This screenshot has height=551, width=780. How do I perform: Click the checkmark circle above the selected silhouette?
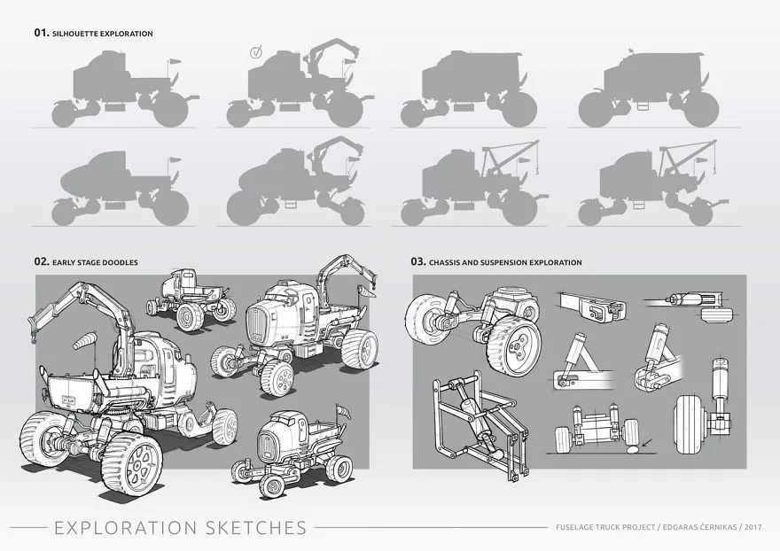click(255, 52)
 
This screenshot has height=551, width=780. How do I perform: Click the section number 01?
click(42, 33)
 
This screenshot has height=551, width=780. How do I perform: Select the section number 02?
click(42, 261)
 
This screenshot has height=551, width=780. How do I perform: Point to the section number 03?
click(418, 261)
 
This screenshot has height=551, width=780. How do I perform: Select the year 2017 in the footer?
click(753, 527)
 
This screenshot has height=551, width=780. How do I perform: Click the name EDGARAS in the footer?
click(679, 527)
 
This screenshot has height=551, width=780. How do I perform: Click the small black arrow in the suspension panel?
click(647, 441)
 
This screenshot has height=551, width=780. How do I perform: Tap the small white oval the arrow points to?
click(634, 449)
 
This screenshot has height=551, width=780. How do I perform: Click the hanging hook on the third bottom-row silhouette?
click(537, 171)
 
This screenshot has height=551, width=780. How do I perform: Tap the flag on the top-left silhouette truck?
click(174, 62)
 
